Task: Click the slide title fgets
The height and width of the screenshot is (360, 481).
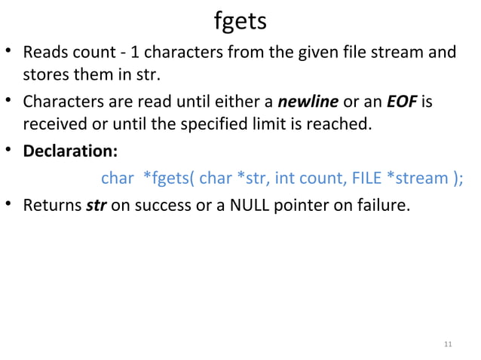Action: pyautogui.click(x=240, y=21)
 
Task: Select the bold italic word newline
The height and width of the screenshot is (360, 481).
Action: pyautogui.click(x=310, y=101)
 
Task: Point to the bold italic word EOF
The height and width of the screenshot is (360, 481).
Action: pyautogui.click(x=402, y=101)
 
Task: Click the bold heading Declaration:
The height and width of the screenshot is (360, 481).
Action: pyautogui.click(x=70, y=150)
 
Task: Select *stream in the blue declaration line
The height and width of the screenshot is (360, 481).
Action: pyautogui.click(x=418, y=178)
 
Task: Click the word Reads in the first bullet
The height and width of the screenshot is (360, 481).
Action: pyautogui.click(x=44, y=54)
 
